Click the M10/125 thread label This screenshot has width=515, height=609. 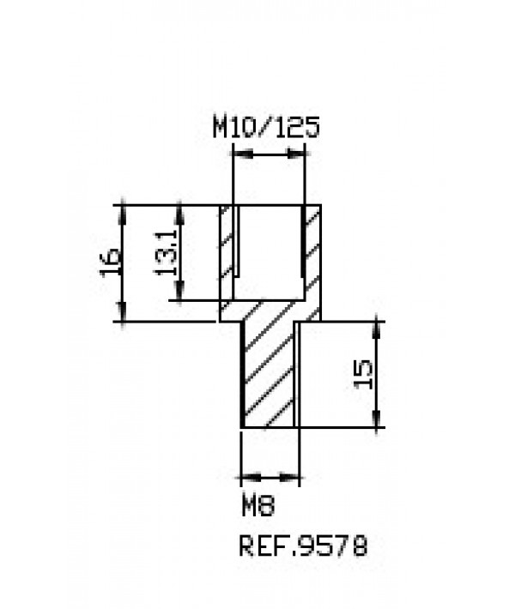point(266,126)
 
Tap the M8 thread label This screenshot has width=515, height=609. point(258,505)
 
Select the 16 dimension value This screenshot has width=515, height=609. point(111,263)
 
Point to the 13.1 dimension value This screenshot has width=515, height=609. point(166,252)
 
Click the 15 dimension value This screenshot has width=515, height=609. point(363,375)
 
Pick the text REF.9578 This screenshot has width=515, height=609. point(303,546)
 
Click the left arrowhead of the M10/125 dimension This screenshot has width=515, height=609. point(243,154)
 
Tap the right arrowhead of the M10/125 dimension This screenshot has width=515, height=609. point(295,154)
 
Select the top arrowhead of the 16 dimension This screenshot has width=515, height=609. point(123,214)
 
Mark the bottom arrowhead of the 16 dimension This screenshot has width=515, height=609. point(123,312)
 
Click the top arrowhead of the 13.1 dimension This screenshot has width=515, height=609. point(179,214)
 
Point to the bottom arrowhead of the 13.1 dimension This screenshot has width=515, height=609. point(179,291)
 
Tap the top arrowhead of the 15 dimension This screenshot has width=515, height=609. point(376,331)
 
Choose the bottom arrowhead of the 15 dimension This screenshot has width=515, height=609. point(376,418)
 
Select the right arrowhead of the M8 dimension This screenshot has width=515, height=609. point(289,477)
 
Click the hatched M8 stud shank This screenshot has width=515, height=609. point(268,373)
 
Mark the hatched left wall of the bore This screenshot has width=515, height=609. point(227,252)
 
